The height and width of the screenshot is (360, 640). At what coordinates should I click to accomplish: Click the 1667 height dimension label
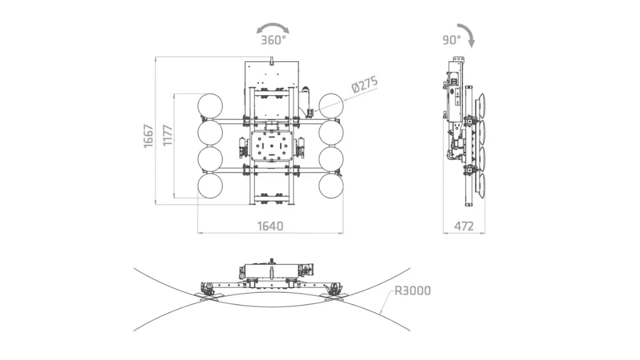pyautogui.click(x=149, y=136)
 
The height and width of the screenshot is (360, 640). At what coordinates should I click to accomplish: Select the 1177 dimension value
pyautogui.click(x=167, y=136)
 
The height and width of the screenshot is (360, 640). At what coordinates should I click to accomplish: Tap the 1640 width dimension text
pyautogui.click(x=270, y=226)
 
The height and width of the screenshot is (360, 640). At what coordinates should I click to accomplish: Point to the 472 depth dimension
pyautogui.click(x=464, y=226)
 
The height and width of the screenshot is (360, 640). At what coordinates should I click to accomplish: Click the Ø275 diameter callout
pyautogui.click(x=364, y=85)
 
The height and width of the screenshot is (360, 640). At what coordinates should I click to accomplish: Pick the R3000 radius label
pyautogui.click(x=412, y=291)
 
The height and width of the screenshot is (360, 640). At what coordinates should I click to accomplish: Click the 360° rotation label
pyautogui.click(x=274, y=40)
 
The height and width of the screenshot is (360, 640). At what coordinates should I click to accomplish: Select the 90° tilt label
pyautogui.click(x=452, y=40)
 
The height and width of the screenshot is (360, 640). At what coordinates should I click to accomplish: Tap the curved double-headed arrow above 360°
pyautogui.click(x=272, y=25)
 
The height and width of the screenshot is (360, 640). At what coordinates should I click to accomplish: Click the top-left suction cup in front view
pyautogui.click(x=210, y=106)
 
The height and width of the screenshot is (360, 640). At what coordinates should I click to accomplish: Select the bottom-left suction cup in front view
pyautogui.click(x=210, y=186)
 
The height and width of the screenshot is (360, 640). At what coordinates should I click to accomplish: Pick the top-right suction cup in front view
pyautogui.click(x=331, y=106)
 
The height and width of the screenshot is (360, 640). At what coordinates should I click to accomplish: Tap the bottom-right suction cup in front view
pyautogui.click(x=331, y=186)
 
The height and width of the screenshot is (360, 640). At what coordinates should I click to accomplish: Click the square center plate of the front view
pyautogui.click(x=272, y=146)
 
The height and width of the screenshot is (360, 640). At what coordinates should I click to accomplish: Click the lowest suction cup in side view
pyautogui.click(x=481, y=186)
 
